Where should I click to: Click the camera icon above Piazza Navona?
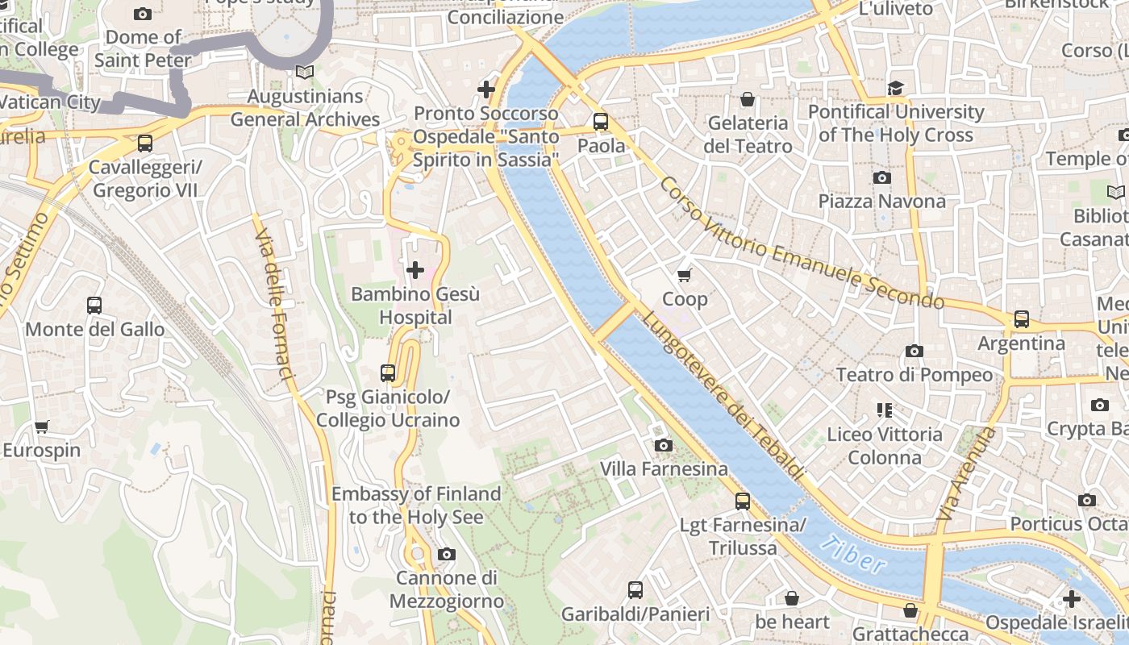coord(881,177)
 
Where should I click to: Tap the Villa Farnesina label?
coord(664,468)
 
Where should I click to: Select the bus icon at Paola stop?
coord(601,122)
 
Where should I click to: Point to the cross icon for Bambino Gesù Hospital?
coord(415,270)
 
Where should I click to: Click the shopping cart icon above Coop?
coord(685,276)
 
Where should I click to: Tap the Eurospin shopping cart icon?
coord(42,427)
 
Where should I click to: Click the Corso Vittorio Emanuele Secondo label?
coord(801,243)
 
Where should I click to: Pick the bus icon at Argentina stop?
coord(1022,319)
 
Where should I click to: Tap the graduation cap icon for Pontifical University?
coord(896,88)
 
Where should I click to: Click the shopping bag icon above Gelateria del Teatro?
coord(748,100)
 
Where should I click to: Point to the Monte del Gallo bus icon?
coord(94,306)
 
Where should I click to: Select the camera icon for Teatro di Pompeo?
coord(914,351)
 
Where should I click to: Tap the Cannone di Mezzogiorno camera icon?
coord(446,554)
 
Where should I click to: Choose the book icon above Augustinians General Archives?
coord(304,73)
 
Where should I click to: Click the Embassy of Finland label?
coord(416,505)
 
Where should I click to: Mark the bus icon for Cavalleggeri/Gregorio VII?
coord(145,144)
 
